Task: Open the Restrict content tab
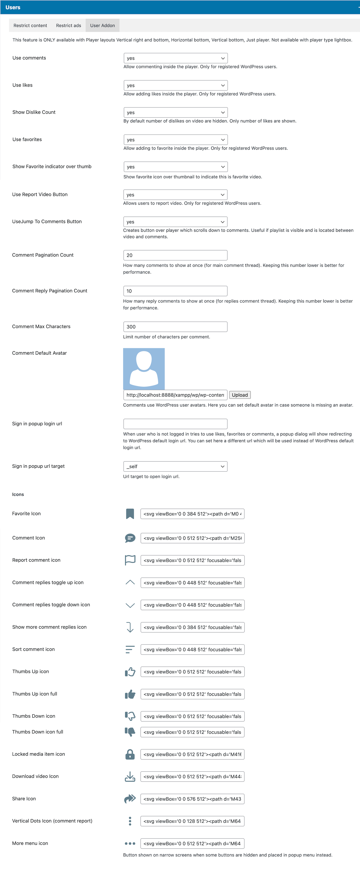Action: pyautogui.click(x=30, y=25)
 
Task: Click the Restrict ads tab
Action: pyautogui.click(x=68, y=25)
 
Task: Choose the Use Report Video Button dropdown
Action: pyautogui.click(x=175, y=195)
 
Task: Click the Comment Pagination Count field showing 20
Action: pyautogui.click(x=175, y=255)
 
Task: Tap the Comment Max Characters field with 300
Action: pyautogui.click(x=175, y=327)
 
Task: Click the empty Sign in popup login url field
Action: pyautogui.click(x=175, y=424)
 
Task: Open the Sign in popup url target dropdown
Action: pyautogui.click(x=175, y=466)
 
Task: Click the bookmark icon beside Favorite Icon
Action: pyautogui.click(x=130, y=514)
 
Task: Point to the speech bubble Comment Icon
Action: pyautogui.click(x=130, y=538)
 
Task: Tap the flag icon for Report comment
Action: pyautogui.click(x=130, y=560)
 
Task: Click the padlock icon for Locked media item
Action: pyautogui.click(x=130, y=754)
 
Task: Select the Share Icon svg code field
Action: pyautogui.click(x=192, y=799)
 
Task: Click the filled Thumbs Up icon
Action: pyautogui.click(x=130, y=694)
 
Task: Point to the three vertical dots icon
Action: pyautogui.click(x=130, y=821)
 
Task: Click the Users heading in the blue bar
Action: pyautogui.click(x=13, y=7)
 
